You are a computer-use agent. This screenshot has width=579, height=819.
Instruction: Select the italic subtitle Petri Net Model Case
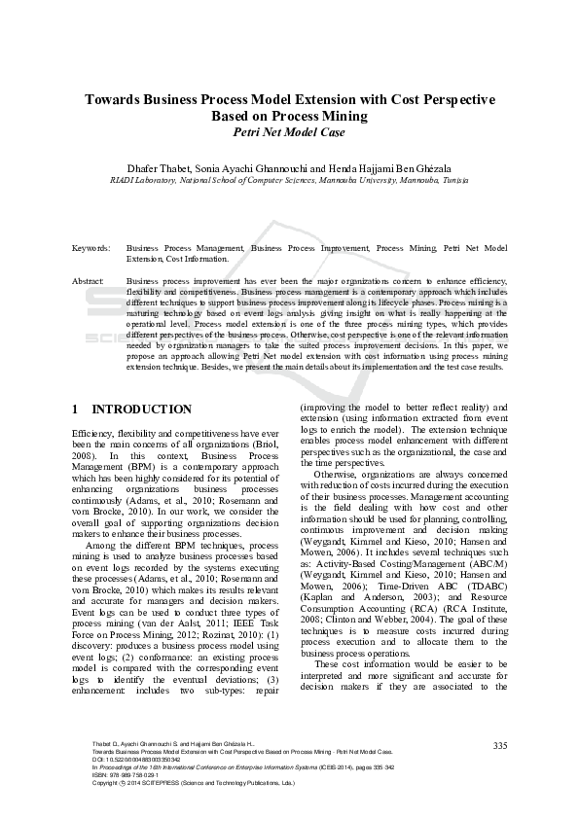[x=289, y=132]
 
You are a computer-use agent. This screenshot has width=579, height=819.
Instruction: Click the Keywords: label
[x=90, y=249]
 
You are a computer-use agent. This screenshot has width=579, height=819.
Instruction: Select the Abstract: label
[x=89, y=281]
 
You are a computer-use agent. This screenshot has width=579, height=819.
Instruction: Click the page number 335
[x=500, y=746]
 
